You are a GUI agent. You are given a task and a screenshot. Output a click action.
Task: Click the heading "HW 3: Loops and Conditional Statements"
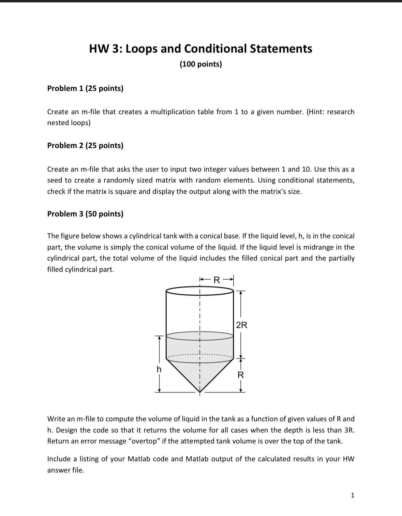(x=200, y=49)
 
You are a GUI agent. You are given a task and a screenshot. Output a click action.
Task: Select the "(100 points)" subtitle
(x=200, y=64)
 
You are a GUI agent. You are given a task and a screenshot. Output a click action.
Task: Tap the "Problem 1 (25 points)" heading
(x=85, y=88)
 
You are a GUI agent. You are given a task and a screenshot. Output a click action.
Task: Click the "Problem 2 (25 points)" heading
(x=85, y=146)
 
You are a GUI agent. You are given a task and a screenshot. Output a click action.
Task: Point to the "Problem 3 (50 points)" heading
(x=85, y=214)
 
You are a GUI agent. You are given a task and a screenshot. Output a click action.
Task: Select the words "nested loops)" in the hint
(x=69, y=123)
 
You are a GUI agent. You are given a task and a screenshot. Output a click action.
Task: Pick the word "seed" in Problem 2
(x=54, y=180)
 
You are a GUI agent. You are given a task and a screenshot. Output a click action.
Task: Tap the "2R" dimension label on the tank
(x=241, y=325)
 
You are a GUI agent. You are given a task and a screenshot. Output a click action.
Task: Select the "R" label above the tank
(x=216, y=281)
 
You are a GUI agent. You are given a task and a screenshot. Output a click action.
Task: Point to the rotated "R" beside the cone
(x=241, y=375)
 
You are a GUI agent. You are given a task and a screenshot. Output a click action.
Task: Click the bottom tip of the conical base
(x=200, y=391)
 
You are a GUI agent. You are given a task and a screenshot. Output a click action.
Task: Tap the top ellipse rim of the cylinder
(x=200, y=290)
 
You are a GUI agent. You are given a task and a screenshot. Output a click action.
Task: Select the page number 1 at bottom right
(x=353, y=495)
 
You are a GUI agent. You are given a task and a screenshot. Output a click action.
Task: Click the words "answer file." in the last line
(x=65, y=470)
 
